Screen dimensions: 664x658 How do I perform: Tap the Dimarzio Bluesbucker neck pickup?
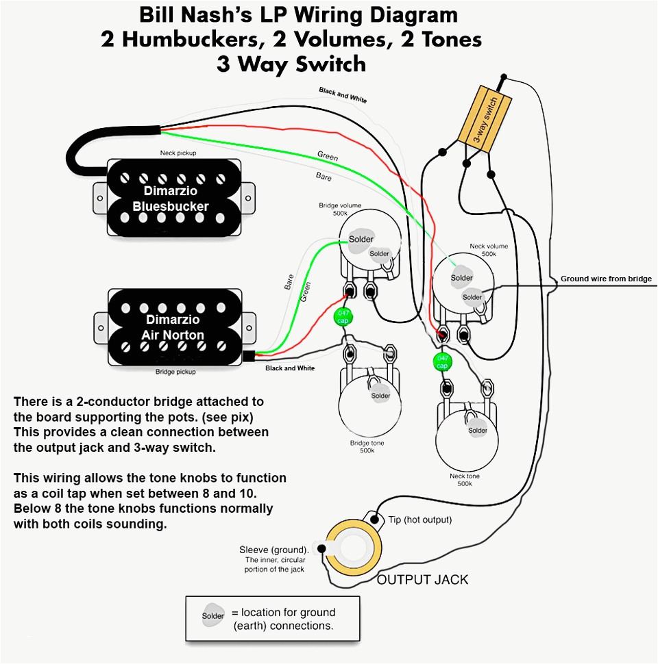tap(171, 197)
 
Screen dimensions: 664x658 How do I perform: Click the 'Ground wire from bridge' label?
tap(606, 279)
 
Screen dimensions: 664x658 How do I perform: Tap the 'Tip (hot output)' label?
tap(420, 520)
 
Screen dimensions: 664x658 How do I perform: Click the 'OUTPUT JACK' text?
tap(423, 580)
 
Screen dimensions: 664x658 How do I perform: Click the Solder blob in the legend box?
tap(213, 615)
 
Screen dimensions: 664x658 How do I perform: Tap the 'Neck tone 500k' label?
tap(465, 480)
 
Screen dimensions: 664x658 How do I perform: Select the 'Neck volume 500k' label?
tap(488, 249)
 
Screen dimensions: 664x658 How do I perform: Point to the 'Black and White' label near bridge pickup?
tap(290, 368)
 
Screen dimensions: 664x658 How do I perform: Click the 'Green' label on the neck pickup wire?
tap(328, 157)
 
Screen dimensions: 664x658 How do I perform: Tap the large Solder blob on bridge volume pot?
tap(361, 240)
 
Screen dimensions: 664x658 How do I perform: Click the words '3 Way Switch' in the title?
tap(291, 64)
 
